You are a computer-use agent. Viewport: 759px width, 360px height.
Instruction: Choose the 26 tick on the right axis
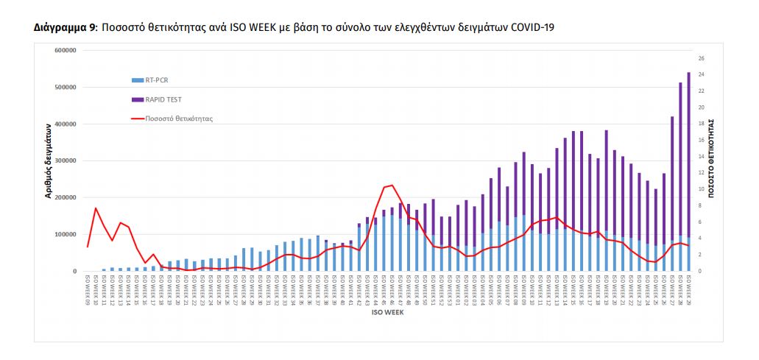(701, 58)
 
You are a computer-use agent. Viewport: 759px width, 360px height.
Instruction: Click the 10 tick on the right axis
(701, 189)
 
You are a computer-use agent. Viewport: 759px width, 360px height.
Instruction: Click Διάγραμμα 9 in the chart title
(66, 28)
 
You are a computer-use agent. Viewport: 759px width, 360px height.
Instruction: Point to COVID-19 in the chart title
(533, 28)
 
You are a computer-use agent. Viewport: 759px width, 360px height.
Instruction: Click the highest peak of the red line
(392, 186)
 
